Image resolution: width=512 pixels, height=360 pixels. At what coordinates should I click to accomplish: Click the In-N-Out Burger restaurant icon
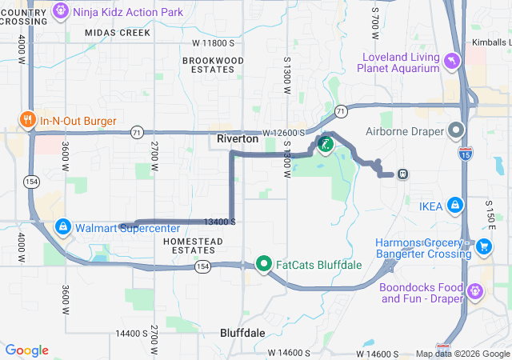click(x=27, y=120)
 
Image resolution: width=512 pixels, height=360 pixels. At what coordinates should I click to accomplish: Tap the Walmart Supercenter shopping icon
click(x=62, y=228)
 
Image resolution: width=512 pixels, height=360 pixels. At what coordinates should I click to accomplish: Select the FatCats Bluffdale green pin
click(x=265, y=263)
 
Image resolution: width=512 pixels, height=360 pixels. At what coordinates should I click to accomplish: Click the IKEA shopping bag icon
click(x=454, y=206)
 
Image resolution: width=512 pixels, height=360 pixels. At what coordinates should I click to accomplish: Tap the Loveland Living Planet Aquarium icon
click(x=452, y=62)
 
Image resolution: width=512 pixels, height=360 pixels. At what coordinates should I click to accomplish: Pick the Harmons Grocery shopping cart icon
click(x=483, y=248)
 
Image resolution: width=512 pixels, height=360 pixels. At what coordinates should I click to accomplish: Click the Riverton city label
click(x=238, y=138)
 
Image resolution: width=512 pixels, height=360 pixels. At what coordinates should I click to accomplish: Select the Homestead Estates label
click(x=192, y=246)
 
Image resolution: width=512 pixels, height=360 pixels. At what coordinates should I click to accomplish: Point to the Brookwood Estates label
click(x=213, y=66)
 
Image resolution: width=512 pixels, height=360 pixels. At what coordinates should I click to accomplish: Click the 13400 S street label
click(x=218, y=222)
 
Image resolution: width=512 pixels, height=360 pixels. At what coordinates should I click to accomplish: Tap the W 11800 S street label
click(x=213, y=42)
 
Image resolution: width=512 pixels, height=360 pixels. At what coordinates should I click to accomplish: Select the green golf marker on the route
click(x=325, y=145)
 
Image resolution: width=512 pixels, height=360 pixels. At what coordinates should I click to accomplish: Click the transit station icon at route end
click(x=402, y=174)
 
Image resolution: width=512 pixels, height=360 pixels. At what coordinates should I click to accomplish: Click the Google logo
click(x=26, y=350)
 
